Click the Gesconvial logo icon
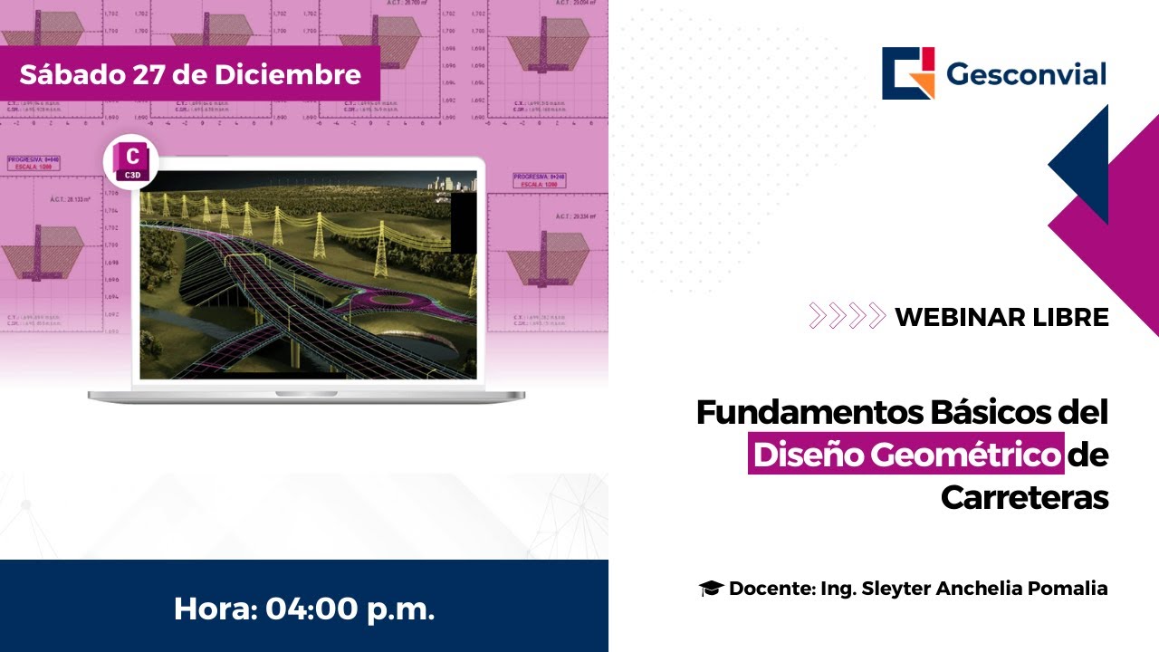[x=908, y=73]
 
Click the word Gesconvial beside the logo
[x=1026, y=74]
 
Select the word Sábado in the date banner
[x=71, y=74]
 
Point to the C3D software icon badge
[x=131, y=161]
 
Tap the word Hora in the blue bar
[x=213, y=609]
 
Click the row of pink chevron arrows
[x=847, y=316]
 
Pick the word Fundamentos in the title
[x=809, y=413]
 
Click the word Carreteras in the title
[x=1024, y=497]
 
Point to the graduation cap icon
[x=711, y=589]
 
